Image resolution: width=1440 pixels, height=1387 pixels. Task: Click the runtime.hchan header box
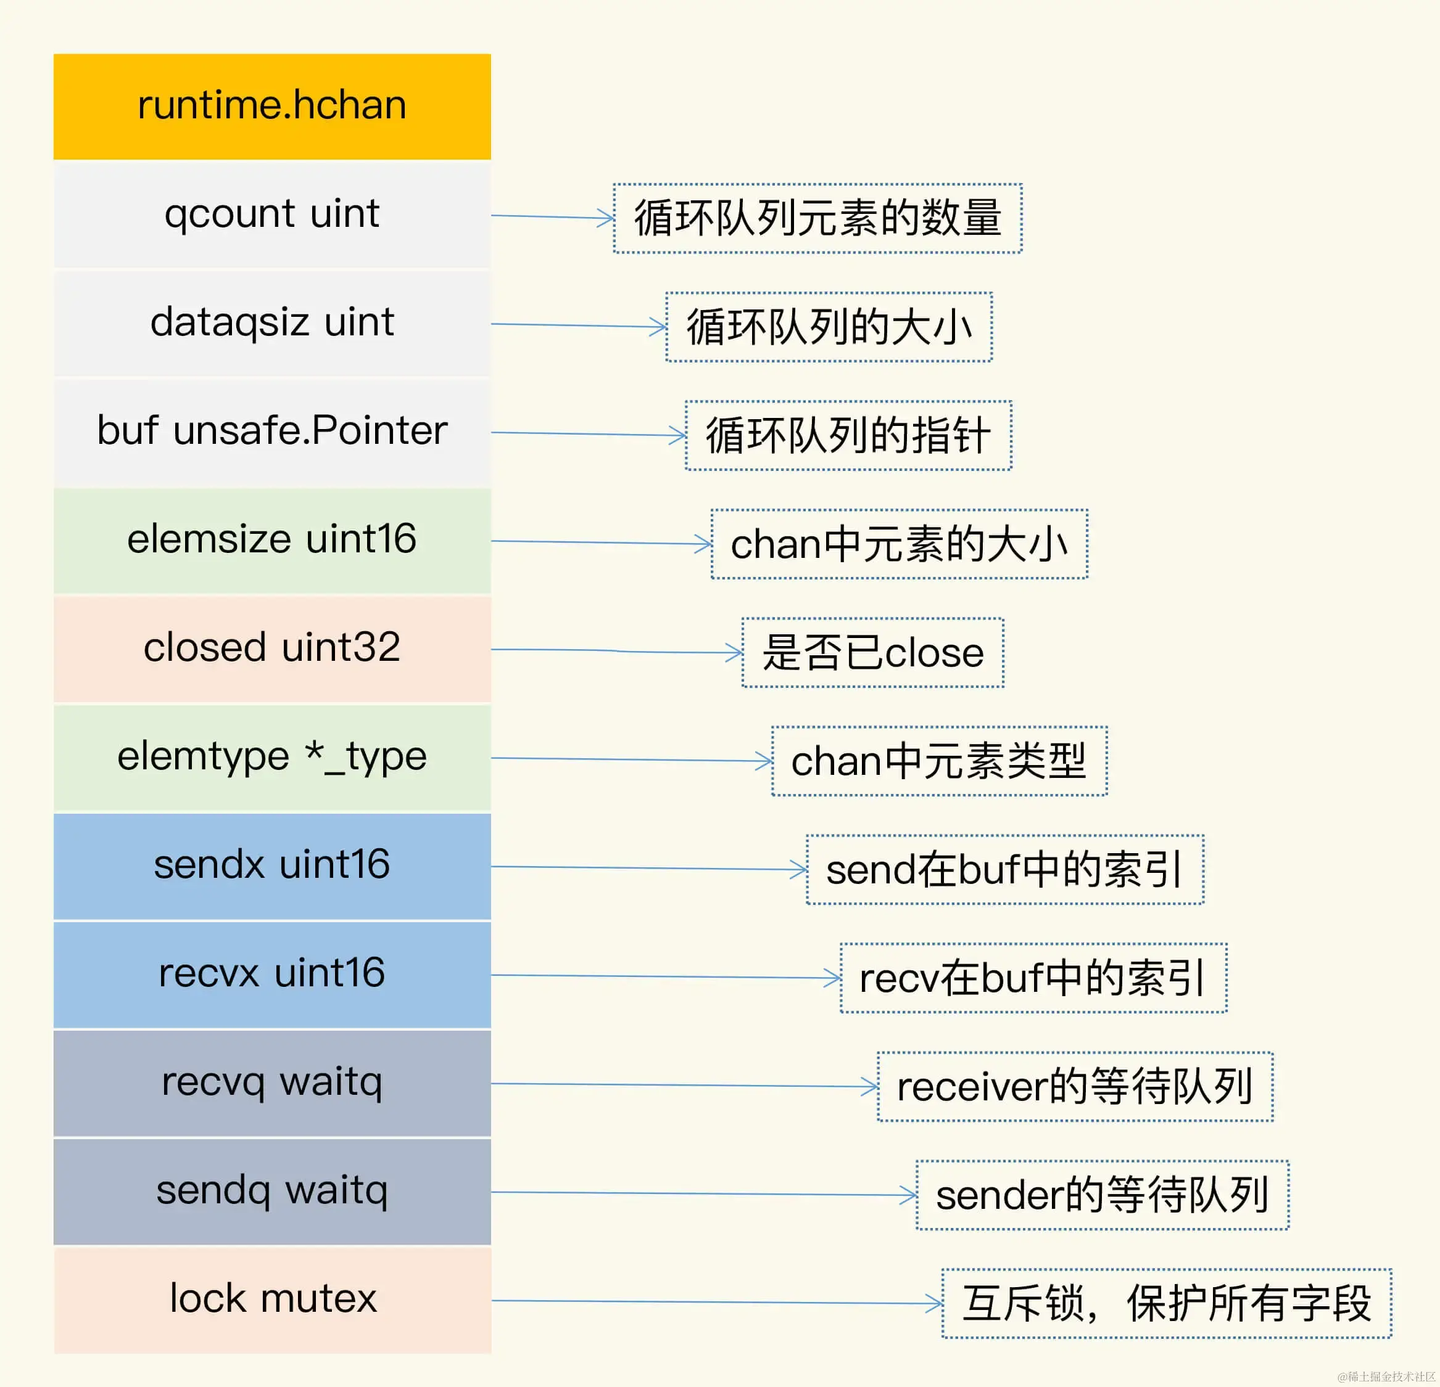click(x=272, y=107)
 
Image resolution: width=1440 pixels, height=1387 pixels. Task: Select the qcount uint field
click(x=272, y=215)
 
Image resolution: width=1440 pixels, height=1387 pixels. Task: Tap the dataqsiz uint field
click(x=272, y=323)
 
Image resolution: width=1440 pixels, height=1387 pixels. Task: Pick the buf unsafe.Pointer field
click(x=272, y=431)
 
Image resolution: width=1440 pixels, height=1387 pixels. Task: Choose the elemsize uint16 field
click(x=272, y=539)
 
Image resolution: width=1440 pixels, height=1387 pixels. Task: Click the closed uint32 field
click(x=272, y=648)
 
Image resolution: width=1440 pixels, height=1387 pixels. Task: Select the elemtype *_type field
click(x=272, y=757)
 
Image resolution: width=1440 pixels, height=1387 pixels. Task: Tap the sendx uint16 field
click(x=272, y=865)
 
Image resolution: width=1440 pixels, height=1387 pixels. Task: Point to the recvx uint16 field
click(x=272, y=973)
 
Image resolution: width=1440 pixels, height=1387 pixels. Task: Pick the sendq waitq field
click(x=272, y=1191)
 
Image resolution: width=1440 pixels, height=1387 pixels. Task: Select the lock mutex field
click(x=272, y=1299)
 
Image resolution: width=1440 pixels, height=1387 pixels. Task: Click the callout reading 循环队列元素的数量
click(x=817, y=218)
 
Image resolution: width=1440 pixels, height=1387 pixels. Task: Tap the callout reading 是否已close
click(x=873, y=653)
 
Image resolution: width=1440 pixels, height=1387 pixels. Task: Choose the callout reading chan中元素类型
click(x=939, y=761)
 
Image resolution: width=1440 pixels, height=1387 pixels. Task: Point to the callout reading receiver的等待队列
click(x=1075, y=1087)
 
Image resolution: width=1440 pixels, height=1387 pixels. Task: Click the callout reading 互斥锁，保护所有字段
click(x=1167, y=1304)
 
